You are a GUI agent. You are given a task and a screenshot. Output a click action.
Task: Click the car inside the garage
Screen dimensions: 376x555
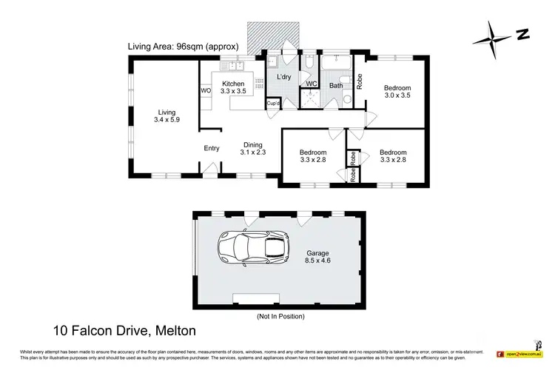[252, 247]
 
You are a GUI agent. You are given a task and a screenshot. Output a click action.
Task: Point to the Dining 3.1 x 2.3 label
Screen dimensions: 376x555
[253, 149]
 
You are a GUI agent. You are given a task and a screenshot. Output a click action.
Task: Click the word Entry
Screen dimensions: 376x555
[212, 148]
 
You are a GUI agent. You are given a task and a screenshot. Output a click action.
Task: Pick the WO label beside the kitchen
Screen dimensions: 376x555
[206, 91]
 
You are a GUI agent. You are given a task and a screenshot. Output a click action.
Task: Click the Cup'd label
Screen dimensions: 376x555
[273, 104]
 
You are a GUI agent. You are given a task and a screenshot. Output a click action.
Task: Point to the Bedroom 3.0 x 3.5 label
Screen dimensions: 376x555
[396, 92]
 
